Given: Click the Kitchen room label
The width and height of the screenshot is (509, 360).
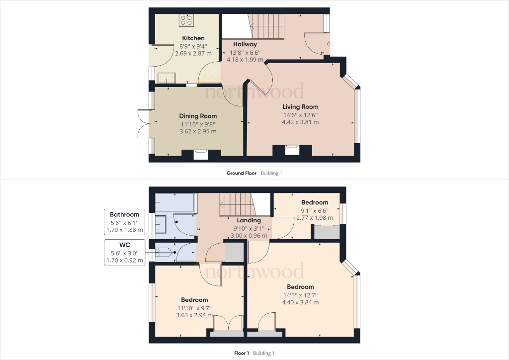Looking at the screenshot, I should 193,38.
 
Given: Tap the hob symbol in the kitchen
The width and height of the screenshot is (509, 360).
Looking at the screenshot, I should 186,20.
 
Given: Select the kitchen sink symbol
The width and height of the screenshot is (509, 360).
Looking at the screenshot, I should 167,78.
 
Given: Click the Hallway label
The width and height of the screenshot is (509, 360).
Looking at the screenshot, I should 245,44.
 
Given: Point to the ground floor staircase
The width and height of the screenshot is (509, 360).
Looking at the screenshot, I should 266,26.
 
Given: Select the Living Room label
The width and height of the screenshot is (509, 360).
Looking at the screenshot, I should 300,107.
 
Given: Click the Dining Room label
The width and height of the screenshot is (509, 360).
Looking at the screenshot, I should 198,116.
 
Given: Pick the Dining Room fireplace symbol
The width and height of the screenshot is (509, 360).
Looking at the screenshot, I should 201,155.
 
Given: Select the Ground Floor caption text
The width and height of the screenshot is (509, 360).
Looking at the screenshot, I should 242,174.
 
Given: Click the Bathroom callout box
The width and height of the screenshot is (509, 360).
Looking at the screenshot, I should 125,222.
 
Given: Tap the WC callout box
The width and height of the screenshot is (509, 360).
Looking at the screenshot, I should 125,252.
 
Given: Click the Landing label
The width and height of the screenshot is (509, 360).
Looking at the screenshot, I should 249,220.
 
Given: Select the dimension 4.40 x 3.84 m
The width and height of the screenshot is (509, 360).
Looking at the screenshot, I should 300,302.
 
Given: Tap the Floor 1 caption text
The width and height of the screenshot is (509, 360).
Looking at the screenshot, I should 241,353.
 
